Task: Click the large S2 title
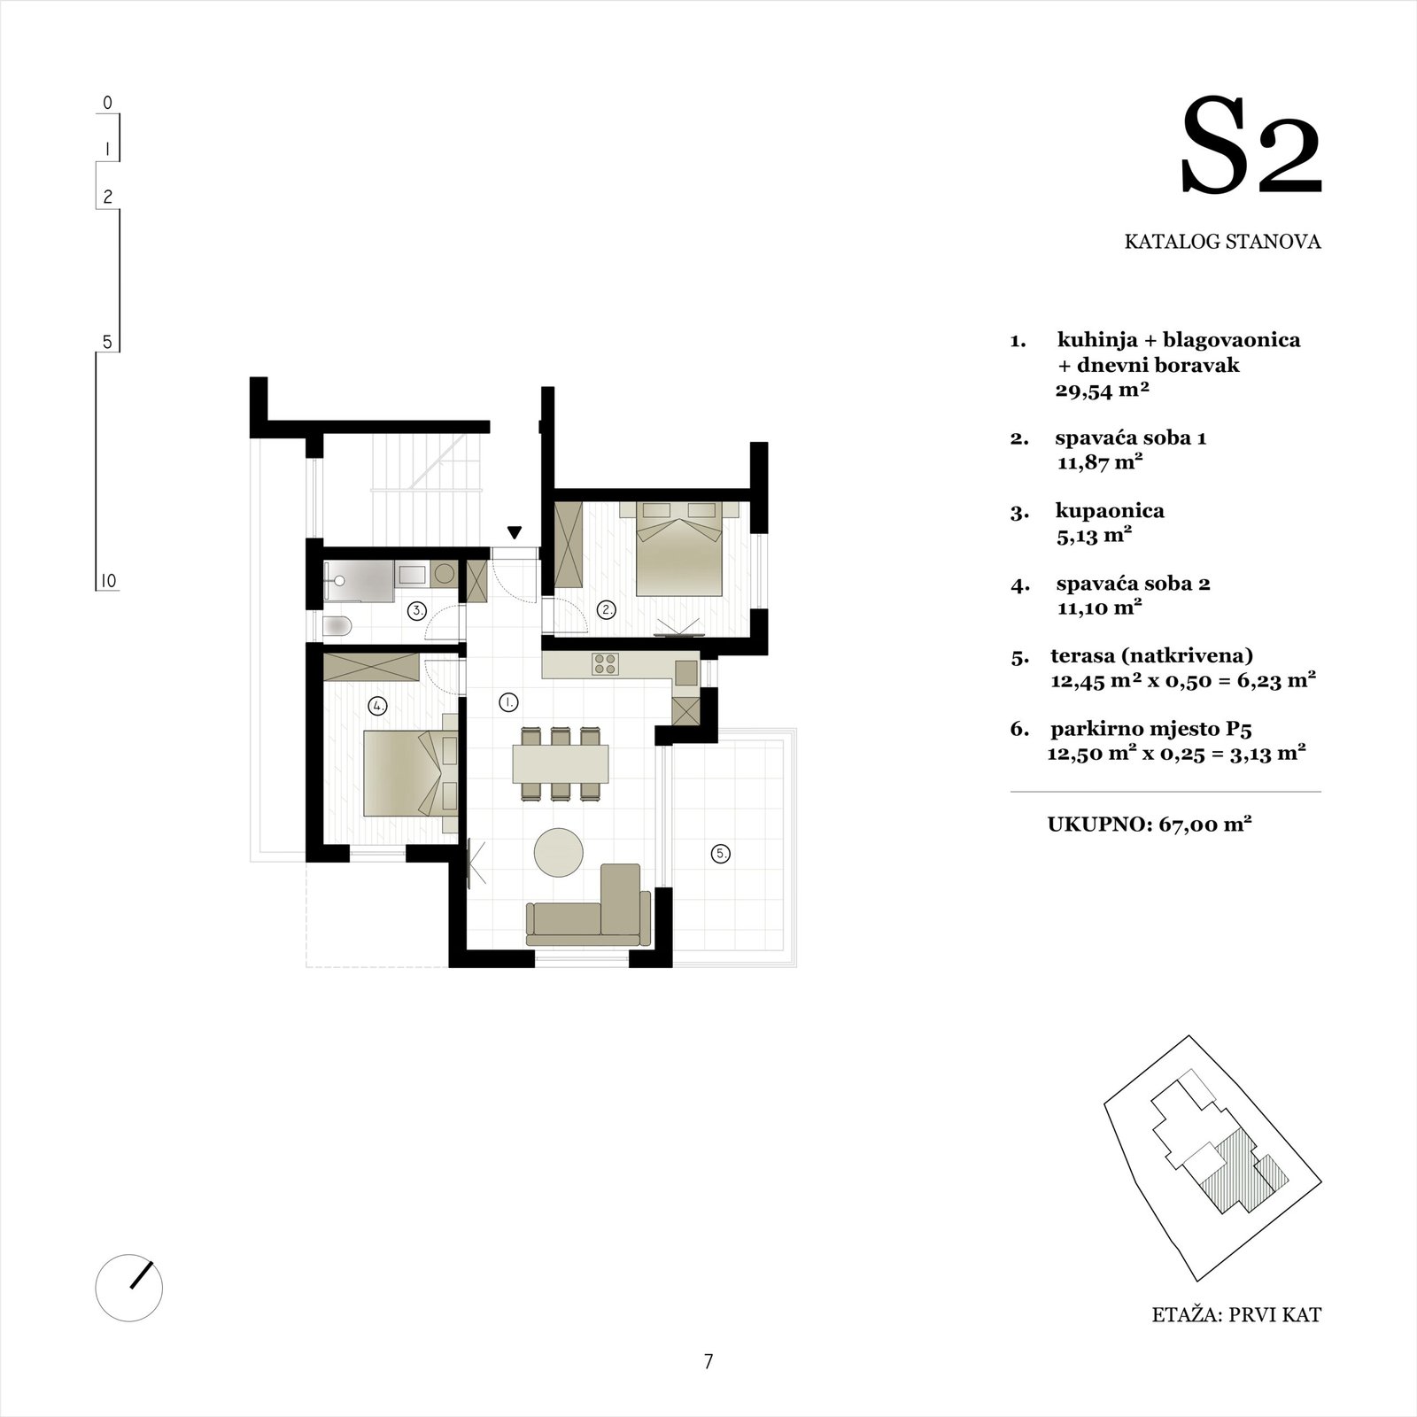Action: click(x=1251, y=147)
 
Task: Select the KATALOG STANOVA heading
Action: click(x=1222, y=242)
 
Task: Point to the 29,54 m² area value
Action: click(x=1102, y=390)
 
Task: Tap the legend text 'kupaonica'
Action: click(x=1110, y=511)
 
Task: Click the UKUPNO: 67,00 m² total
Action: click(x=1150, y=824)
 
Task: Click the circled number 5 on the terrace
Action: click(x=722, y=854)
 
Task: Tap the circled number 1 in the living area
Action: click(x=508, y=702)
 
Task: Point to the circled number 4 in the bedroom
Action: click(x=378, y=706)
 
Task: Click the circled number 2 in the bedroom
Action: click(x=607, y=609)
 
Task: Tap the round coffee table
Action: click(x=559, y=852)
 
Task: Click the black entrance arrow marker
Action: click(x=515, y=533)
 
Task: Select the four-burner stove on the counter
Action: click(x=606, y=663)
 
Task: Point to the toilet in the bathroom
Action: click(x=337, y=626)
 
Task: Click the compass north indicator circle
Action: click(x=129, y=1288)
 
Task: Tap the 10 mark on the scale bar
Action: click(x=107, y=581)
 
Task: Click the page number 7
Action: click(x=708, y=1362)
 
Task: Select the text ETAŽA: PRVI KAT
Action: click(x=1236, y=1340)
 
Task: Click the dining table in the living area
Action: click(x=561, y=763)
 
